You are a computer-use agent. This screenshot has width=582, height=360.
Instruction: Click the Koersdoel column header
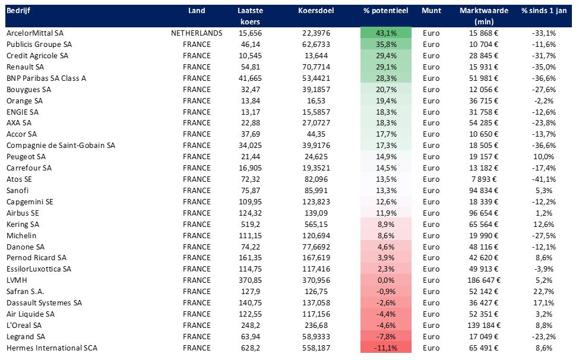pyautogui.click(x=316, y=10)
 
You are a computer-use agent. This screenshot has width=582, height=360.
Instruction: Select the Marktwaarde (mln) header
pyautogui.click(x=484, y=16)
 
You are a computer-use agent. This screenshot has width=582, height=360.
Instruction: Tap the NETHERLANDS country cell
pyautogui.click(x=197, y=33)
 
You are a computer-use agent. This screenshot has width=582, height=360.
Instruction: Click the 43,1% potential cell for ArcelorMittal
pyautogui.click(x=386, y=33)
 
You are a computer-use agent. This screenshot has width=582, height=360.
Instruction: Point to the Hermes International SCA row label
pyautogui.click(x=52, y=348)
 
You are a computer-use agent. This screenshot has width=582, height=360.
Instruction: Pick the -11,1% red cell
pyautogui.click(x=386, y=348)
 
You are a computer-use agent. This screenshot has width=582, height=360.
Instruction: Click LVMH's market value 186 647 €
pyautogui.click(x=484, y=280)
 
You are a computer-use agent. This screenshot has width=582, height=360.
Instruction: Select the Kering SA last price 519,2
pyautogui.click(x=250, y=224)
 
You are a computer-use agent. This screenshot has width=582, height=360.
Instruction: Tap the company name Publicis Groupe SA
pyautogui.click(x=39, y=44)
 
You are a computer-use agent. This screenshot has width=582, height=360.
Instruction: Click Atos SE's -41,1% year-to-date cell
pyautogui.click(x=544, y=179)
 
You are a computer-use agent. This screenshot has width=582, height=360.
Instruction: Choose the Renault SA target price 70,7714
pyautogui.click(x=316, y=67)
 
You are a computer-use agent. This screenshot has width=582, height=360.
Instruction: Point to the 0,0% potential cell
pyautogui.click(x=386, y=280)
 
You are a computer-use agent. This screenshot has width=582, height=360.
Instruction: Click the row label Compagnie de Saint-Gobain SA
pyautogui.click(x=61, y=146)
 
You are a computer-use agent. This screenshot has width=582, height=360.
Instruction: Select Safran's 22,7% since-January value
pyautogui.click(x=544, y=291)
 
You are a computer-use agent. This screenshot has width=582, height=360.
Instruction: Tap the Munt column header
pyautogui.click(x=431, y=10)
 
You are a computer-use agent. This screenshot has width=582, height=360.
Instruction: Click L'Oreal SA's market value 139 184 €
pyautogui.click(x=484, y=325)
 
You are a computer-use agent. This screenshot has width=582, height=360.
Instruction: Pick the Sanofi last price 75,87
pyautogui.click(x=250, y=190)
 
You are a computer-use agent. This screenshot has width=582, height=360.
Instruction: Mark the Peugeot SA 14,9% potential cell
pyautogui.click(x=386, y=157)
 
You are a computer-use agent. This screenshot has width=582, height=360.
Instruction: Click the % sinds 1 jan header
pyautogui.click(x=544, y=10)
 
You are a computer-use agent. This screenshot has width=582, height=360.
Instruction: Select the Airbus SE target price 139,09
pyautogui.click(x=316, y=213)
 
